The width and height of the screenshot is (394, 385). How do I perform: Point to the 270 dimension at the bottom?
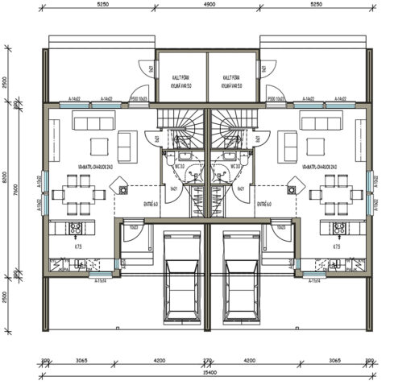click(x=207, y=362)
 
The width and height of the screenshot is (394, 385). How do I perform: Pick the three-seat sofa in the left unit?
click(x=94, y=122)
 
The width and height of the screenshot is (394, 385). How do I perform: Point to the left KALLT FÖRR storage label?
click(x=180, y=78)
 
